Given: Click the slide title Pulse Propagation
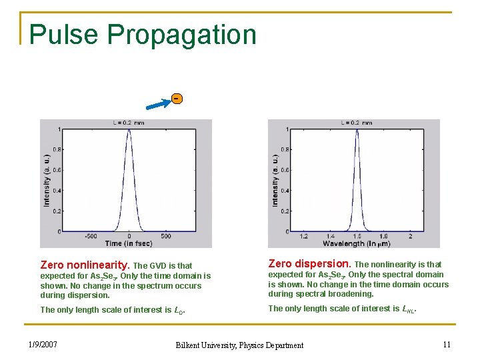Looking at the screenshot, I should (143, 35).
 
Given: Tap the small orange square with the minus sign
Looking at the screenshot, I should (176, 99).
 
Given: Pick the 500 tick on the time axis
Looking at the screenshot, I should (166, 236).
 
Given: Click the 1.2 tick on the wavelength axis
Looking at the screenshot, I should (303, 236).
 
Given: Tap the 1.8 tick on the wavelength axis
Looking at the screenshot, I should (383, 236).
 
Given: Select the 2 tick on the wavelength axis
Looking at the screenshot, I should (410, 236).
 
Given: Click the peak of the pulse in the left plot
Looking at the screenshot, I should (129, 130).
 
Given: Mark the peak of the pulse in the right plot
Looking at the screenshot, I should (357, 130).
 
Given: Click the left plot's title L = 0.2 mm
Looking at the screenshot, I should (128, 123).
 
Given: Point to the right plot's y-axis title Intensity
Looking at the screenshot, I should (275, 180).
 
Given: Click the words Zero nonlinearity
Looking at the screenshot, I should (85, 265).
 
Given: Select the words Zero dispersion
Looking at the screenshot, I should (309, 264).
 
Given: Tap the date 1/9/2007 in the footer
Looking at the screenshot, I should (43, 344).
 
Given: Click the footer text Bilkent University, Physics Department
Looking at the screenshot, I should (239, 345).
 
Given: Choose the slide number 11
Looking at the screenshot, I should (446, 344).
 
